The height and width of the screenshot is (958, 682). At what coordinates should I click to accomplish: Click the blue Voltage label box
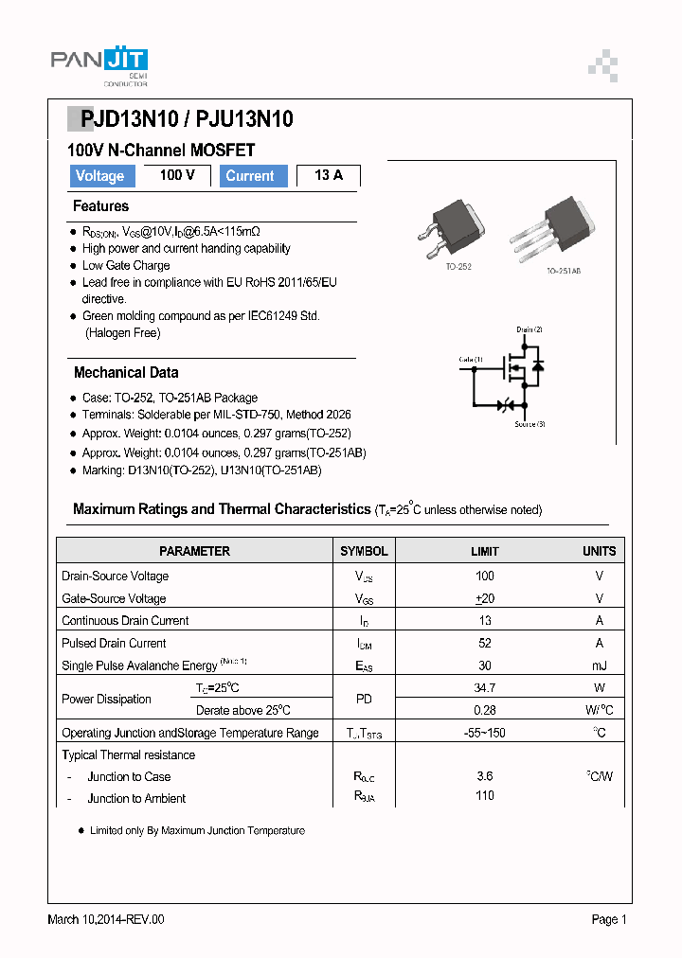pos(100,176)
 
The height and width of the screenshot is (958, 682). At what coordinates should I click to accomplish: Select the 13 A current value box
pos(329,176)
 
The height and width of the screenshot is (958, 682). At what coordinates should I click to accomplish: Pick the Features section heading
pos(100,206)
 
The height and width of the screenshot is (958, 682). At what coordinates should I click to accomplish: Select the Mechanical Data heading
pos(126,373)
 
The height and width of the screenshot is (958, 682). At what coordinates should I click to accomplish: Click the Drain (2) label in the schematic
pos(529,329)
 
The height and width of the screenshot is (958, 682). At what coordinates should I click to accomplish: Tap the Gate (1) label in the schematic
pos(471,360)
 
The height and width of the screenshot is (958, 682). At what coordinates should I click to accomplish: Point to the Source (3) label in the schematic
pos(529,424)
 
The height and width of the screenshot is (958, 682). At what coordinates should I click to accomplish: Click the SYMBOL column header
pos(364,551)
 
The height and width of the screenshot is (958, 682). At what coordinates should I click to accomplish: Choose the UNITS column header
pos(599,551)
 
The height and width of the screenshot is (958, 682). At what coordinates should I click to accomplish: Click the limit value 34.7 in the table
pos(485,688)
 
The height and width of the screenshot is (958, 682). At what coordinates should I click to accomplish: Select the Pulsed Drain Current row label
pos(114,644)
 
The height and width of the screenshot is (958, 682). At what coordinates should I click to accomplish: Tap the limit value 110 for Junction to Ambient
pos(485,796)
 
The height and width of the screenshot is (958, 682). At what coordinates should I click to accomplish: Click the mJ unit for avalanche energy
pos(599,666)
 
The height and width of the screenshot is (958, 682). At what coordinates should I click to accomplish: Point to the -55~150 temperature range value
pos(485,733)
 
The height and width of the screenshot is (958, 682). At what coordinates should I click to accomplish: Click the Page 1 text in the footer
pos(609,919)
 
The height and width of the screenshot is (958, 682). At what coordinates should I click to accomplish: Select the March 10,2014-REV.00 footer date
pos(106,919)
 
